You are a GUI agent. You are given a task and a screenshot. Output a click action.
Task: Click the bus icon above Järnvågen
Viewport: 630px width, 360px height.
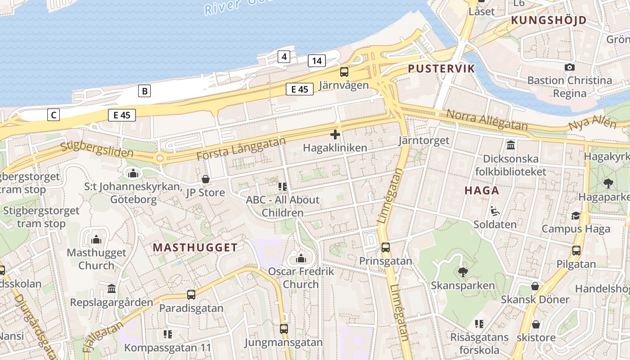tap(344, 72)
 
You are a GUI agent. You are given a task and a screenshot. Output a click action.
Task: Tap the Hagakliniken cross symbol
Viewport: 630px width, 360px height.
tap(335, 134)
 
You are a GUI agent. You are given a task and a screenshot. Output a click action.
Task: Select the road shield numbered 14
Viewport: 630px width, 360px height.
tap(317, 61)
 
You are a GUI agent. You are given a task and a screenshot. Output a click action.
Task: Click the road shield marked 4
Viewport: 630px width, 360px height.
tap(284, 57)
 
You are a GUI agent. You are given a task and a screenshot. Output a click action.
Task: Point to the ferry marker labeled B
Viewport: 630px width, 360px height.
tap(144, 91)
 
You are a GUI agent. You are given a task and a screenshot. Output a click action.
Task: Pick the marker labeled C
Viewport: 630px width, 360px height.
tap(54, 115)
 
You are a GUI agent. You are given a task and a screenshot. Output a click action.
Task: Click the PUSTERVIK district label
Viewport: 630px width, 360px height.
tap(441, 68)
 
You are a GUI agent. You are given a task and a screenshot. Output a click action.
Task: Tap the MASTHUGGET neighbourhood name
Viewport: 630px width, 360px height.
tap(195, 247)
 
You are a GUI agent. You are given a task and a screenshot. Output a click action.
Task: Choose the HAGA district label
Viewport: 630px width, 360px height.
tap(482, 190)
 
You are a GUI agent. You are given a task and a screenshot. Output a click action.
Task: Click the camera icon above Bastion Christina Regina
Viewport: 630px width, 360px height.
tap(570, 67)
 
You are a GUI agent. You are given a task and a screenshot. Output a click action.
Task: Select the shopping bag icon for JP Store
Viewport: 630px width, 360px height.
tap(206, 179)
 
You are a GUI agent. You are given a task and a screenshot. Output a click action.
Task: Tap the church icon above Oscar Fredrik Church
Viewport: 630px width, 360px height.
tap(301, 258)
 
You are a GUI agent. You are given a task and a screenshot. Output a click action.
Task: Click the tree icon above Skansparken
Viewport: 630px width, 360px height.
tap(463, 272)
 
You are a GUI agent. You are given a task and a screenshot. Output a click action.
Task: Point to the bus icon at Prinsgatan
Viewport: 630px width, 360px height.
tap(386, 247)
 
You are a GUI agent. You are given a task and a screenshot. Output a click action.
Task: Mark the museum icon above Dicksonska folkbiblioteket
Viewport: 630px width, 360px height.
tap(511, 145)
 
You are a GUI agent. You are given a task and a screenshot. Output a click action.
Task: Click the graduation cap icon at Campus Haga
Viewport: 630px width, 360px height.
tap(576, 216)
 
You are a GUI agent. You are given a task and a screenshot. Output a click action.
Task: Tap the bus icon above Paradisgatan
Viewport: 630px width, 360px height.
tap(191, 295)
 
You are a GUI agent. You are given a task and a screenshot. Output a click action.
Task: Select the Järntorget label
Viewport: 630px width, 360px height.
tap(423, 140)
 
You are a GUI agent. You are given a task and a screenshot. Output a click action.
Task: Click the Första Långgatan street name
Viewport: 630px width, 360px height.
tap(241, 149)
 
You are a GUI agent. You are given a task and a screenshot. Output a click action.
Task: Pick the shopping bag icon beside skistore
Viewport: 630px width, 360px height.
tap(535, 324)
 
